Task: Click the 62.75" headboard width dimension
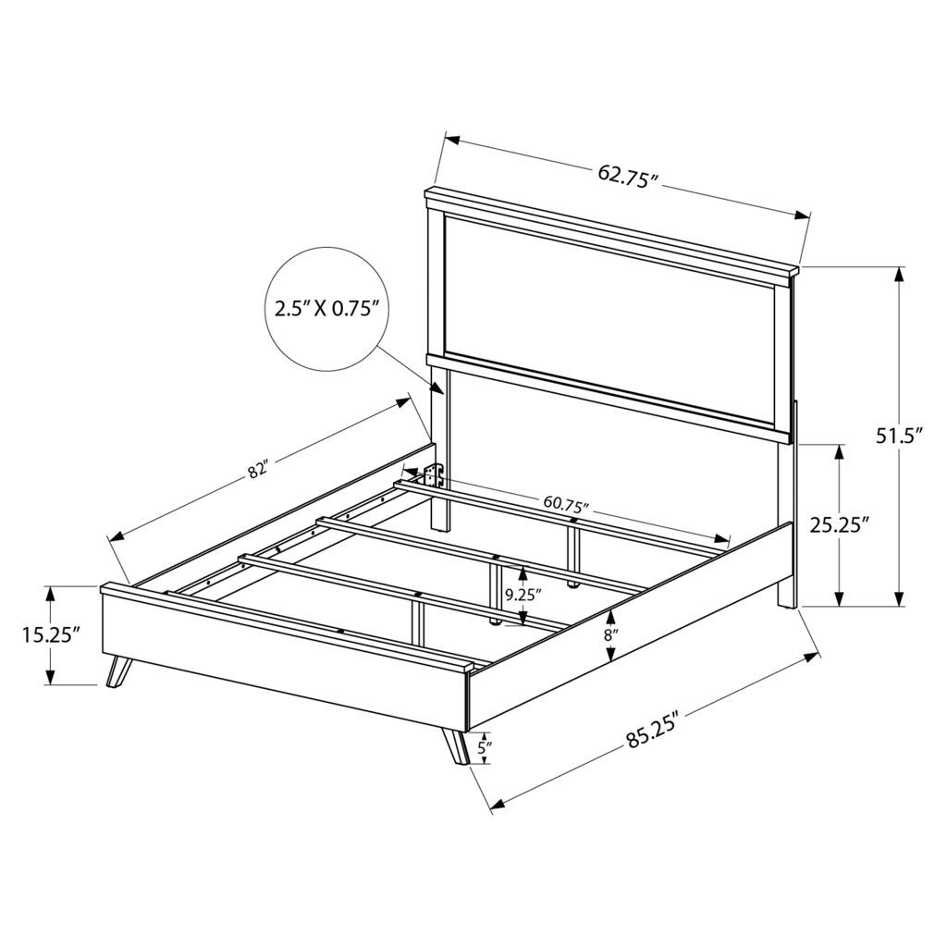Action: click(627, 177)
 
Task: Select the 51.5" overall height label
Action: click(900, 437)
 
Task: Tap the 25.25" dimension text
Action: click(839, 525)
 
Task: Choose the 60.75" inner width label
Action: click(566, 502)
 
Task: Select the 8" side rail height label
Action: click(612, 635)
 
